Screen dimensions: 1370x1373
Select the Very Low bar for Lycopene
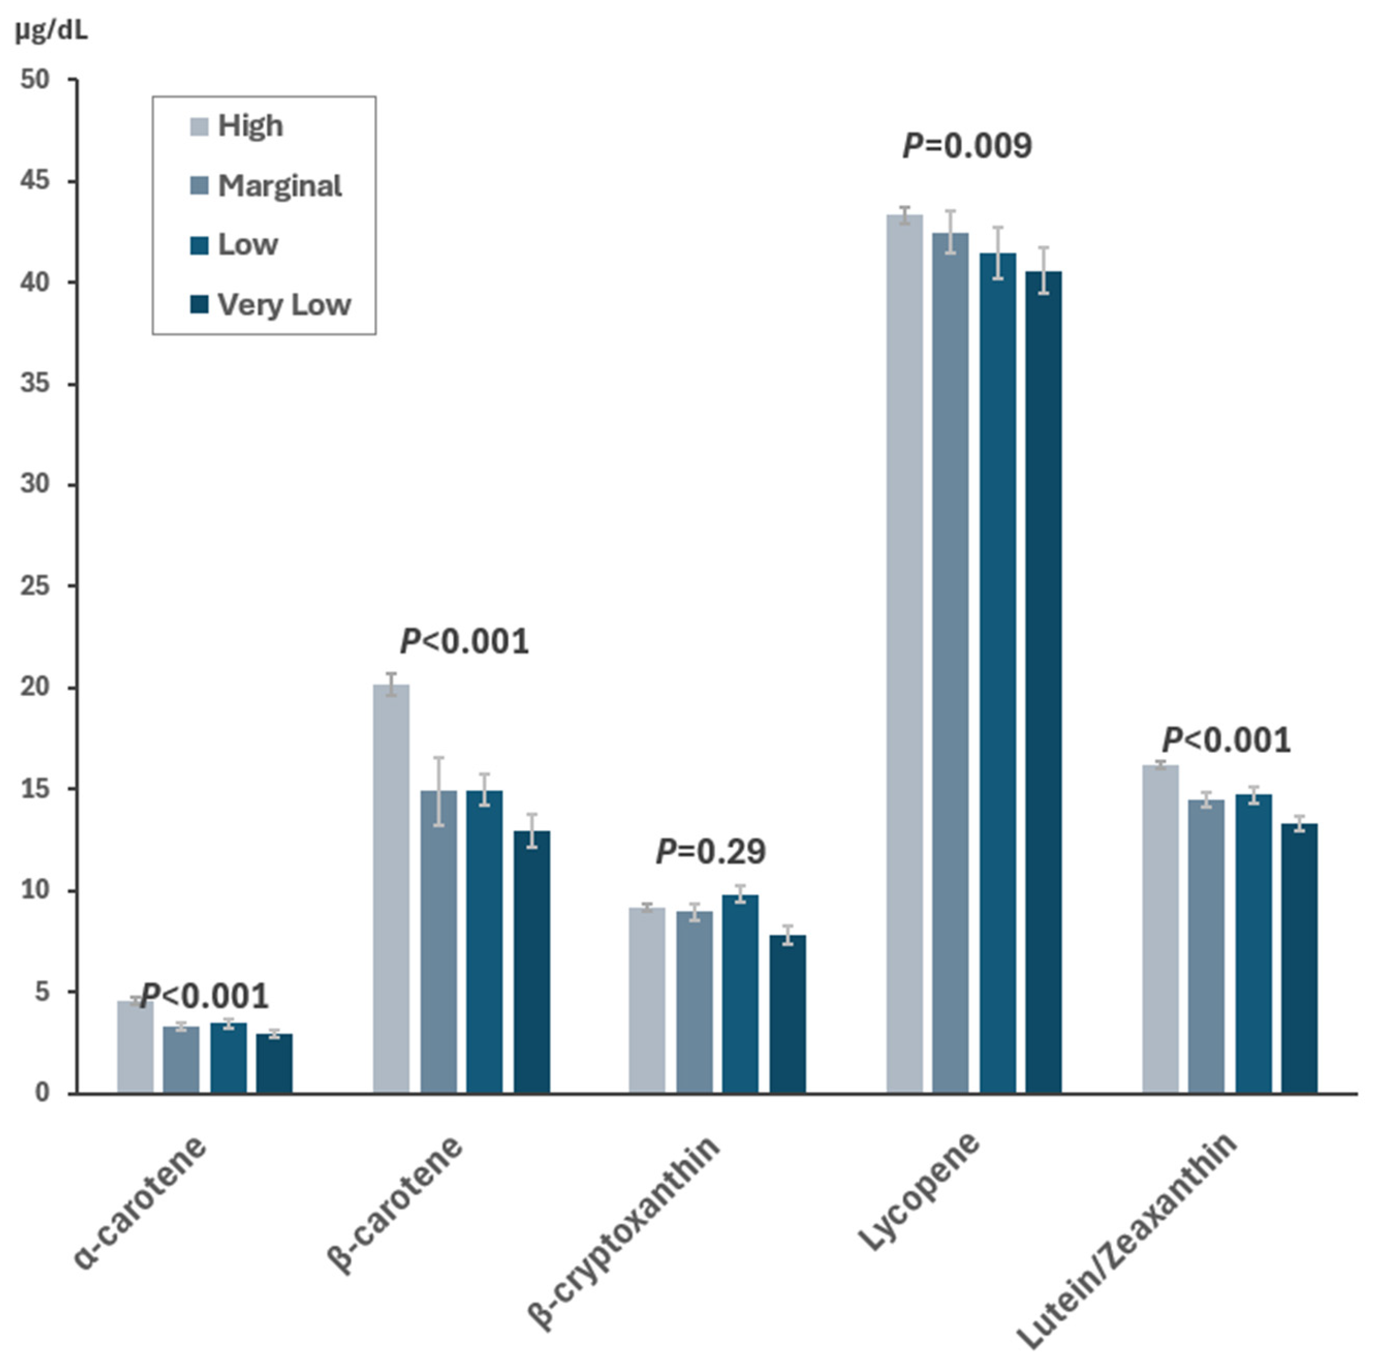point(1043,682)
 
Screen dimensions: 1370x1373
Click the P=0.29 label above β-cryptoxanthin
point(711,852)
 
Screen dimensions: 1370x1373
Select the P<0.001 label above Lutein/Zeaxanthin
point(1226,741)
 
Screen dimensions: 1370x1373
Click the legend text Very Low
point(284,305)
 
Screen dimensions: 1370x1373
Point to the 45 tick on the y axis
point(36,181)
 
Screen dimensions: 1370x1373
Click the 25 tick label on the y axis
point(36,586)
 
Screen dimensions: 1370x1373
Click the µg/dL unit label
point(51,32)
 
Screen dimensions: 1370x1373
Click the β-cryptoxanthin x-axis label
point(624,1233)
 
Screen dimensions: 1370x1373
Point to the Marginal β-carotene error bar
point(439,791)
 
